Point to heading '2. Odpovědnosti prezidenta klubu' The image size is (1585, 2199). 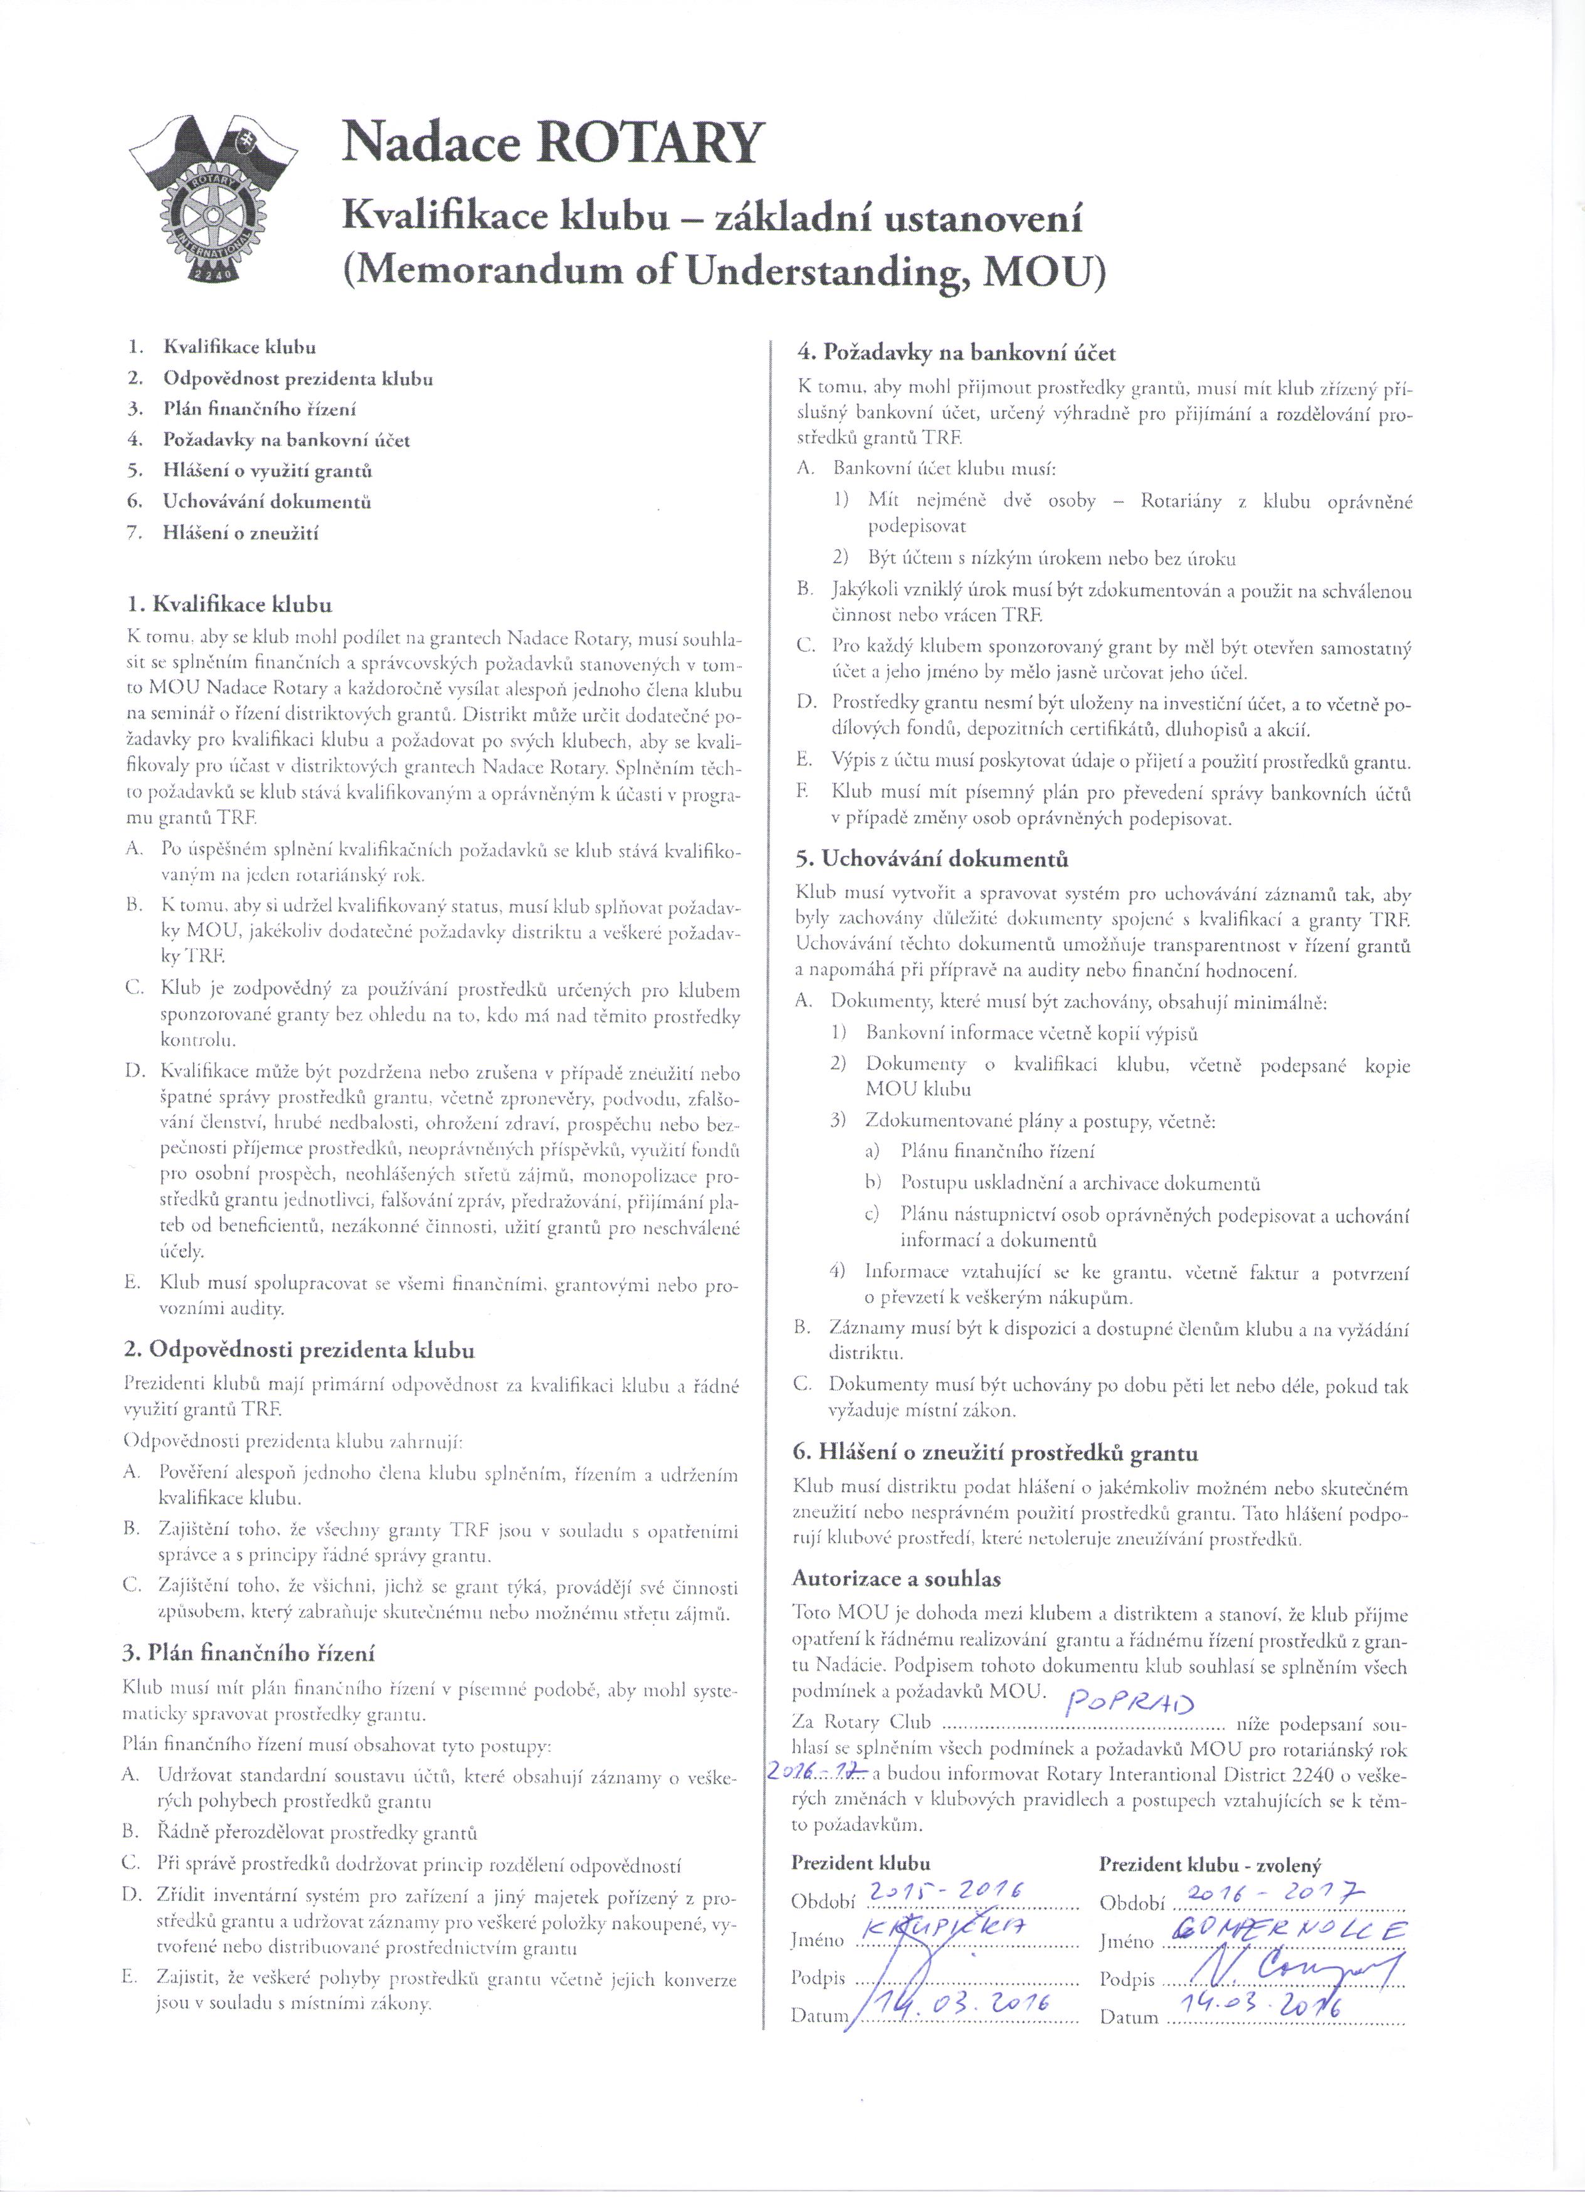300,1349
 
